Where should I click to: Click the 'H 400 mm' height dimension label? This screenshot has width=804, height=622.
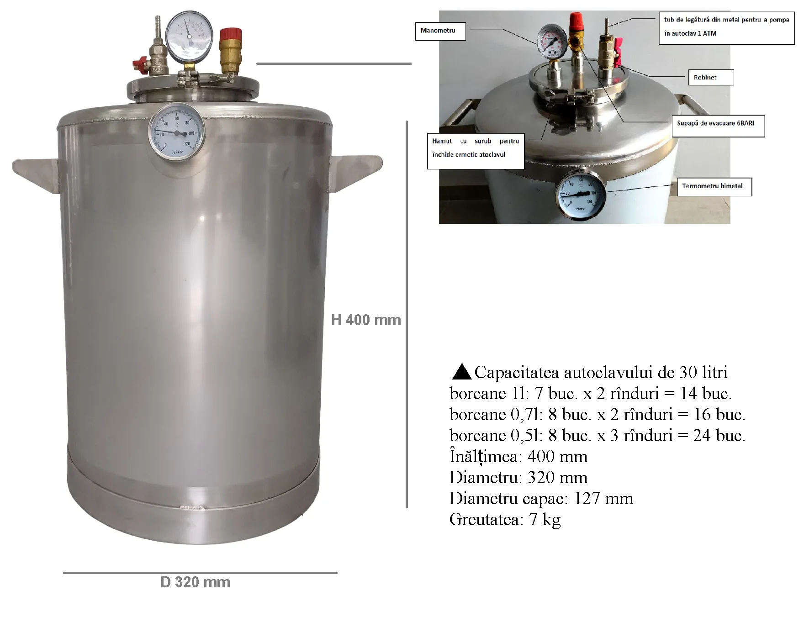tap(366, 320)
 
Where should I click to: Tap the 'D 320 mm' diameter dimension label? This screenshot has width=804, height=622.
tap(195, 582)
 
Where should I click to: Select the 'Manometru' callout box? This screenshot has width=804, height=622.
tap(440, 31)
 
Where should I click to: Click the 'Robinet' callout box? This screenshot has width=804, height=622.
tap(710, 78)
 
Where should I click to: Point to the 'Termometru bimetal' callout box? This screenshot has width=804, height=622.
tap(714, 186)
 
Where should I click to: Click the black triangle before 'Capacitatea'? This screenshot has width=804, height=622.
tap(461, 372)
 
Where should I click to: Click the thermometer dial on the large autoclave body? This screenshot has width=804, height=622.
tap(176, 132)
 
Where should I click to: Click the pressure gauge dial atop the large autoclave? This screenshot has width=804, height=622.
tap(189, 35)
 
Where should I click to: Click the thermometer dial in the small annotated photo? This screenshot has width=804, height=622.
tap(581, 194)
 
